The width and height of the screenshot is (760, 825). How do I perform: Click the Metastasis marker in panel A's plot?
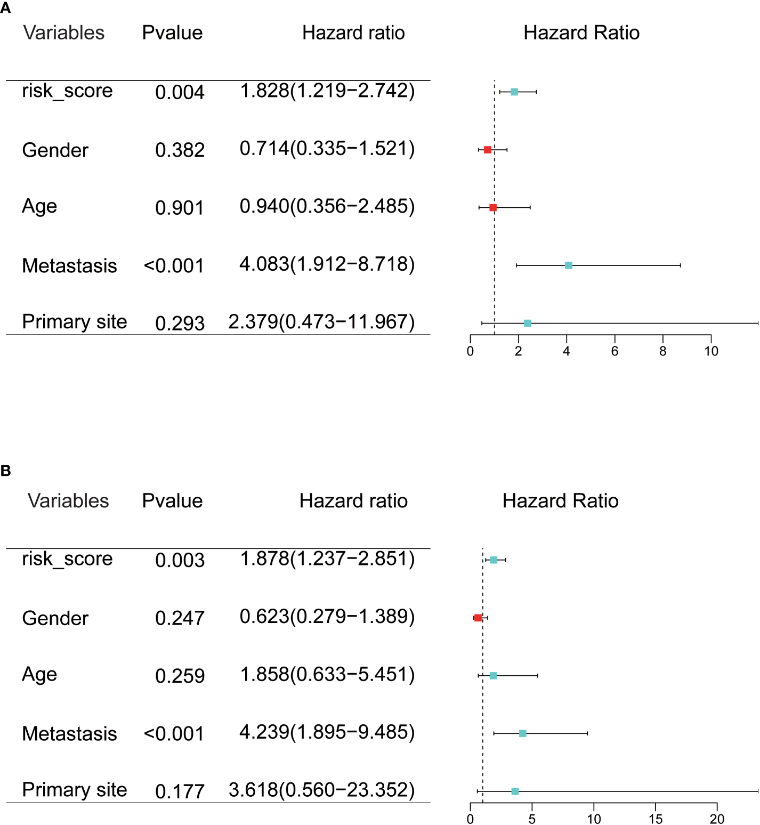pos(568,265)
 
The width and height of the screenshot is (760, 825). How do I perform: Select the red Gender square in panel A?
pos(487,150)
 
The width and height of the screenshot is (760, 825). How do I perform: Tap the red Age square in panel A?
pos(493,207)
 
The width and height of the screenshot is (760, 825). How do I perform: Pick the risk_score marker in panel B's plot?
pos(494,560)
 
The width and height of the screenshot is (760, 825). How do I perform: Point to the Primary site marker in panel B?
pos(515,791)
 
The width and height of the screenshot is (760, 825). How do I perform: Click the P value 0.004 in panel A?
pos(180,92)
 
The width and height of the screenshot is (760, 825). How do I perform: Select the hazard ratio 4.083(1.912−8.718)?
pos(327,264)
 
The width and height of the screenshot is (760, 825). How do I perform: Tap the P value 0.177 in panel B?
pos(180,791)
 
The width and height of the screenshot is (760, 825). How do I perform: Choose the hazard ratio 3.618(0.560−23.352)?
pos(321,790)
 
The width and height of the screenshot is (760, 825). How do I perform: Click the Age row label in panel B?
pos(39,675)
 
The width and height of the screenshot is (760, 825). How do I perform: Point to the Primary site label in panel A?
pos(75,322)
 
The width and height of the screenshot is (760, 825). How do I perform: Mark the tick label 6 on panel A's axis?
pos(615,351)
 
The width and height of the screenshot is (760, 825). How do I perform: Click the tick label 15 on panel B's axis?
pos(656,819)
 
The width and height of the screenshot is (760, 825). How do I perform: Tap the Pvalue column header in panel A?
pos(172,33)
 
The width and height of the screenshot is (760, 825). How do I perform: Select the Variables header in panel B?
pos(68,501)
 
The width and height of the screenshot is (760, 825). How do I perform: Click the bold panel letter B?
pos(6,471)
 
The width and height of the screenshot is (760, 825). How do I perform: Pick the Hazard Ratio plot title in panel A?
pos(581,33)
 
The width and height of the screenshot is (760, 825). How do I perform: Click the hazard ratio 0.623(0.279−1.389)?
pos(327,617)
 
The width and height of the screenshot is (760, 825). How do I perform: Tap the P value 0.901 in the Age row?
pos(180,208)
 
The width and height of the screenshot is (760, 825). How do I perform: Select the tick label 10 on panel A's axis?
pos(711,351)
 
